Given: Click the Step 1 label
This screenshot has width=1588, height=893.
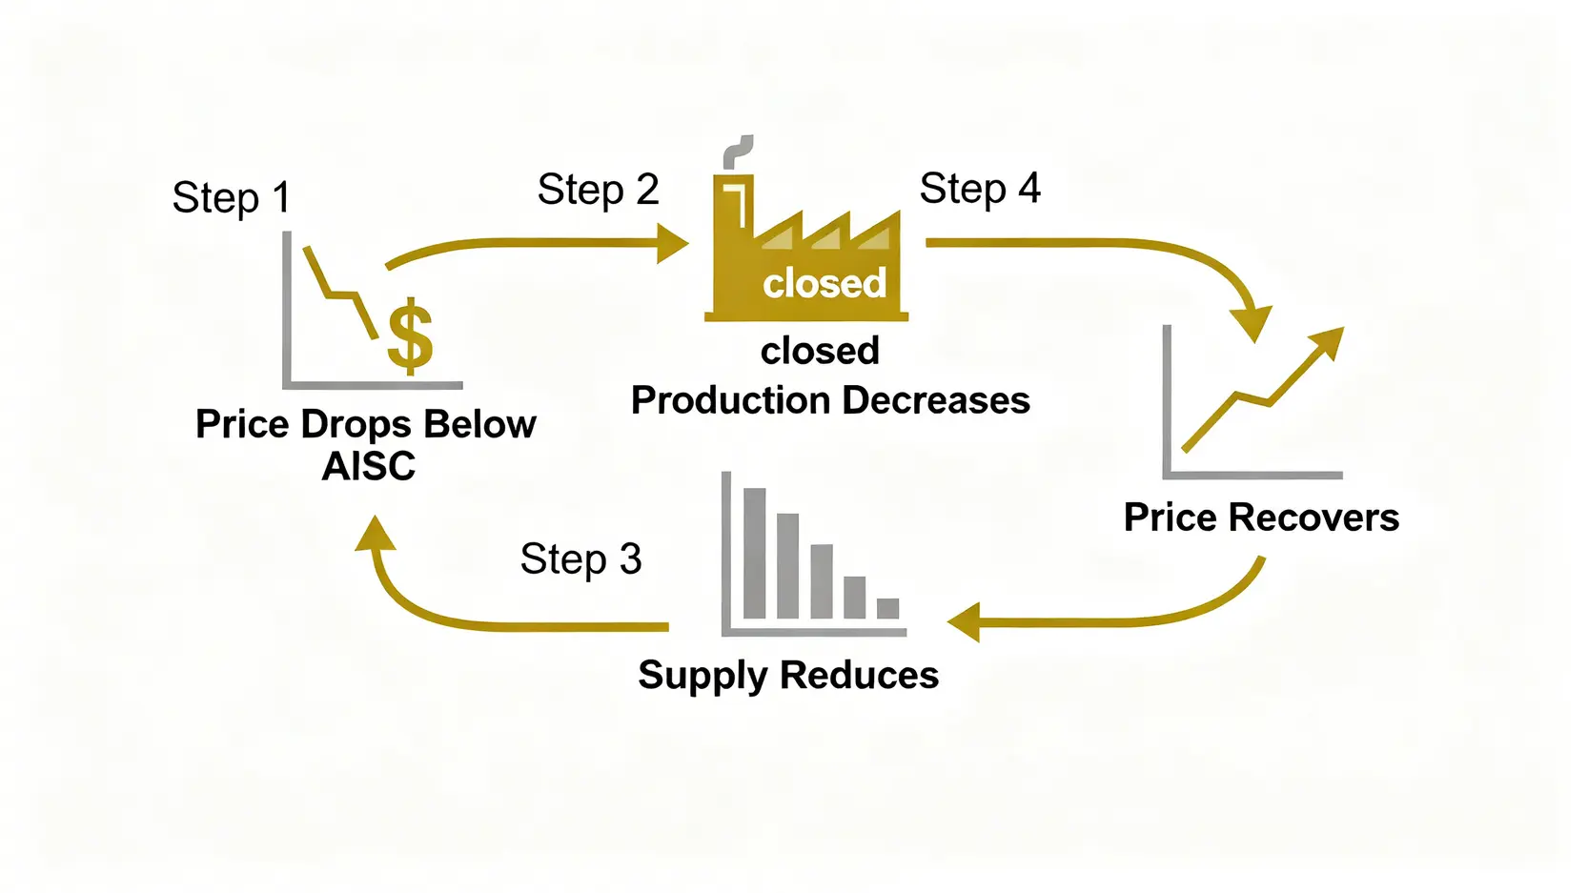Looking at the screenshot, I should [x=231, y=198].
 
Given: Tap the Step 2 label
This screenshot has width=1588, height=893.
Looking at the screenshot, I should [x=598, y=190].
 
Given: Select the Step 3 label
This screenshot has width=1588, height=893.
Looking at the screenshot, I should [x=580, y=559].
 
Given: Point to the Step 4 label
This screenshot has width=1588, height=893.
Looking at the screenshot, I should [x=979, y=189].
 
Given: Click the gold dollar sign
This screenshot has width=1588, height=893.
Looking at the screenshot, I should [x=410, y=335].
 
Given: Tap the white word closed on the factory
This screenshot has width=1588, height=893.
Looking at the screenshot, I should [x=825, y=283].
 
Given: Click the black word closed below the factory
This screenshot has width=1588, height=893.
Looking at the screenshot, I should [x=820, y=351].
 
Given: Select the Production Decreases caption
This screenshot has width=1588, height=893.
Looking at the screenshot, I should [x=830, y=400].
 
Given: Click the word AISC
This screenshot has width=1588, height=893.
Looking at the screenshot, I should [x=369, y=466].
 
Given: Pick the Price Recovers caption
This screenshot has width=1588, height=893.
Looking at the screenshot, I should [x=1261, y=518].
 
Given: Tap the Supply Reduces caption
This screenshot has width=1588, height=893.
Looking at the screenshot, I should [x=788, y=675].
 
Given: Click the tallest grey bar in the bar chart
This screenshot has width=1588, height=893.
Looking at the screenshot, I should [x=754, y=553].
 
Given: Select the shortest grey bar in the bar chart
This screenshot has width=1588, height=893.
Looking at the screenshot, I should [x=887, y=608].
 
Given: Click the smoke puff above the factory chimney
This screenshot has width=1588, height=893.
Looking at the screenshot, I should [x=738, y=151].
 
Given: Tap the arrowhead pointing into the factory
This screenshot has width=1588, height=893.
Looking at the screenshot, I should [x=672, y=243].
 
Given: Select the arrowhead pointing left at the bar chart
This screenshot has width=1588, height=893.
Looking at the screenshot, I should [x=965, y=622].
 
